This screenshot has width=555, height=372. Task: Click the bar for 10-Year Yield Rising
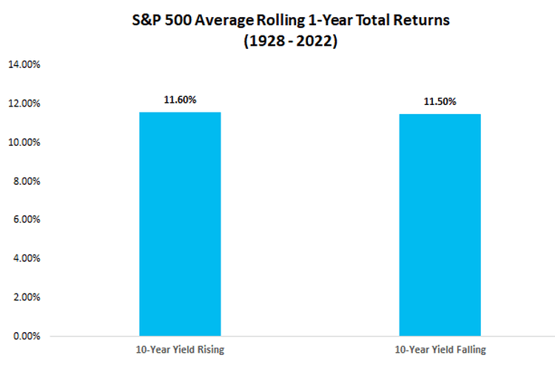(180, 224)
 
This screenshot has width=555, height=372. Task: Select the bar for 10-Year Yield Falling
(440, 225)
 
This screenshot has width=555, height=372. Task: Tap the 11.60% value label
(180, 100)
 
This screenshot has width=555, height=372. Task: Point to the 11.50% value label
(440, 101)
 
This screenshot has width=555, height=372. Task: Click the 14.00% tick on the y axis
(24, 64)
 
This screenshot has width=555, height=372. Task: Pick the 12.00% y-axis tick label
(24, 104)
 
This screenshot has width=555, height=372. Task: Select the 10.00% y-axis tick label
(24, 142)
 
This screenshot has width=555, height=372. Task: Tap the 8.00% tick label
(27, 181)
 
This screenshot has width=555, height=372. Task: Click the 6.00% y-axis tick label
(27, 219)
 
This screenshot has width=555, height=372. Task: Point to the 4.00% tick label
(27, 258)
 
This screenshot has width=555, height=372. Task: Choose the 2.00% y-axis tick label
(27, 297)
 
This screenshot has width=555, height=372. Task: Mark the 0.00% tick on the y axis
(27, 336)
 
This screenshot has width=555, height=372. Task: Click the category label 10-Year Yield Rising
(180, 350)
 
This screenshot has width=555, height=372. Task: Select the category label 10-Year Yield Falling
(440, 350)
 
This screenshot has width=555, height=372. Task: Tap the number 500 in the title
(178, 20)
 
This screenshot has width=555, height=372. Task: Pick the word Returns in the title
(421, 20)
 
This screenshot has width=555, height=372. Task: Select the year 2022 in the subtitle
(313, 41)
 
